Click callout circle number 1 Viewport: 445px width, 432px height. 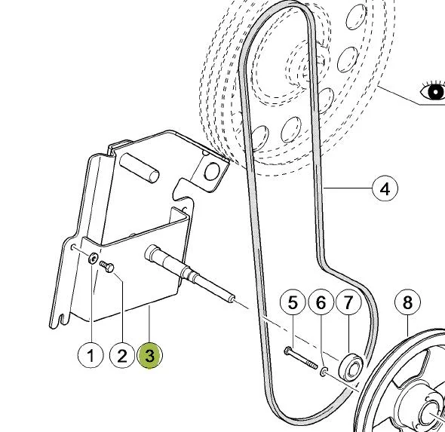coord(91,355)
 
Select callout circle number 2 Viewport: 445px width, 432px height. coord(122,355)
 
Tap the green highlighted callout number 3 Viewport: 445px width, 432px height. coord(150,355)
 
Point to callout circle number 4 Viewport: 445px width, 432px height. coord(385,188)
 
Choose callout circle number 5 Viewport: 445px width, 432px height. coord(293,302)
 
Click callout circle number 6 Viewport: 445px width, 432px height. coord(321,302)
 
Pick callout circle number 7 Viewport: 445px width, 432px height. coord(348,302)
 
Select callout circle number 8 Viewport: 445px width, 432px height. coord(407,302)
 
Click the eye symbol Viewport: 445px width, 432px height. coord(432,90)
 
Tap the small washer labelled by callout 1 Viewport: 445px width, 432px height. coord(93,258)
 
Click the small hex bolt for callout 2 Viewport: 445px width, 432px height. coord(107,267)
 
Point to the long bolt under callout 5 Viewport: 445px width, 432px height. coord(300,359)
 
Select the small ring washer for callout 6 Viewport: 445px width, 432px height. coord(324,371)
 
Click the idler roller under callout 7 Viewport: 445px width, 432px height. coord(351,366)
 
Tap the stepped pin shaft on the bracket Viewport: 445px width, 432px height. coord(189,274)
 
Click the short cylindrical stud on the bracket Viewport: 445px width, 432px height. coord(140,167)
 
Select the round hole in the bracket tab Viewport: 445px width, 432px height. coord(212,172)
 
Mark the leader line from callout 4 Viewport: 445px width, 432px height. coord(348,188)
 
